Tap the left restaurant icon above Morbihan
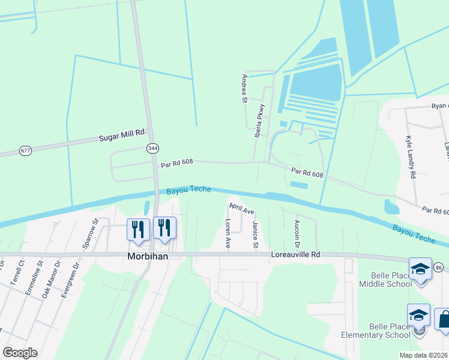pyautogui.click(x=139, y=229)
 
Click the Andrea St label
pyautogui.click(x=244, y=88)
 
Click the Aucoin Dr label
pyautogui.click(x=297, y=233)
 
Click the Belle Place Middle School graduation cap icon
pyautogui.click(x=420, y=271)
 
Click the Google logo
pyautogui.click(x=20, y=353)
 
